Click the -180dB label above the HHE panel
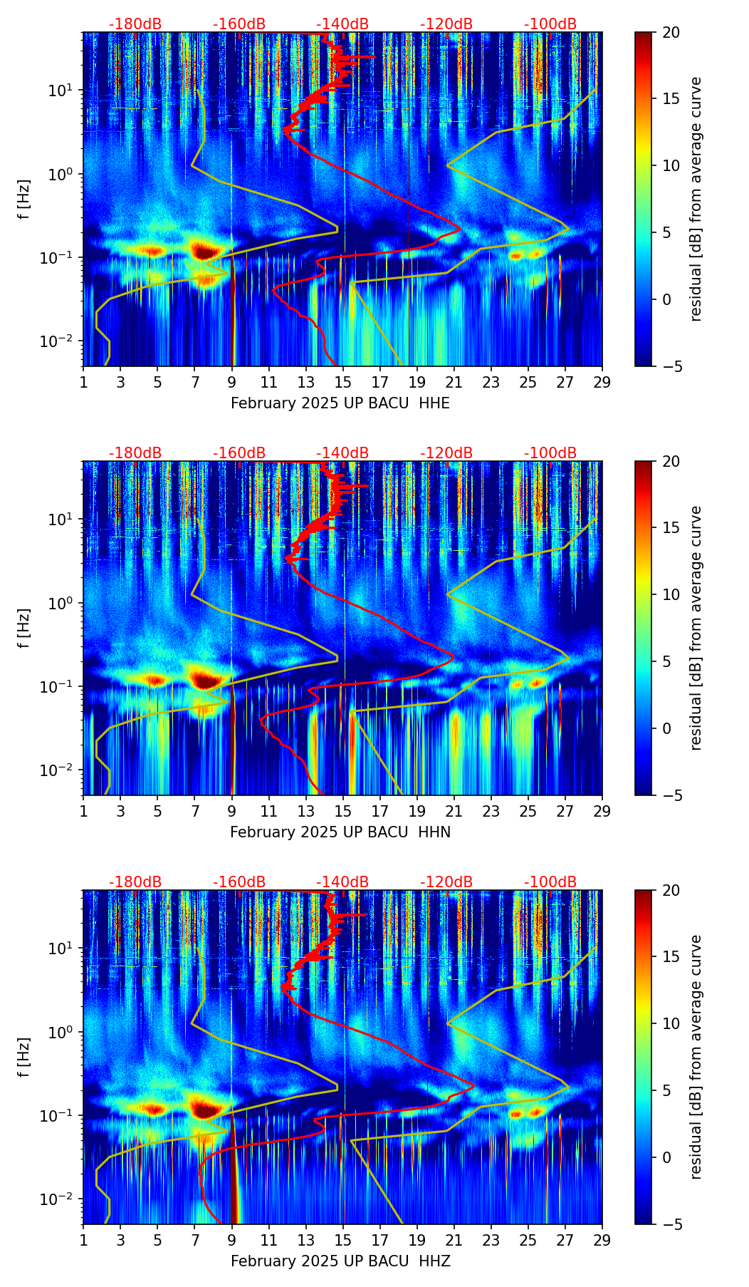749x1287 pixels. pos(135,24)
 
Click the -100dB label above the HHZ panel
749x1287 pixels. pos(550,882)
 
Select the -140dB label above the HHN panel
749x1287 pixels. pos(342,453)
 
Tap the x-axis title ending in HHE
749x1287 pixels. pos(340,403)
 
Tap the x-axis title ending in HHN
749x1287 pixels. pos(340,832)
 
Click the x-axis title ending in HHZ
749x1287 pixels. pos(340,1261)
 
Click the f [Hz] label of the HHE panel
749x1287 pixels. pos(24,200)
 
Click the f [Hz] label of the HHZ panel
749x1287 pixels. pos(24,1058)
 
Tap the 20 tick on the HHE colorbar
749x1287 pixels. pos(671,32)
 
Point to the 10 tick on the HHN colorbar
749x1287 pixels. pos(671,594)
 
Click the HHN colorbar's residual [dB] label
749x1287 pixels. pos(696,628)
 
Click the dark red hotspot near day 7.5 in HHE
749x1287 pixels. pos(205,252)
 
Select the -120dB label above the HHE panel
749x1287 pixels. pos(446,24)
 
